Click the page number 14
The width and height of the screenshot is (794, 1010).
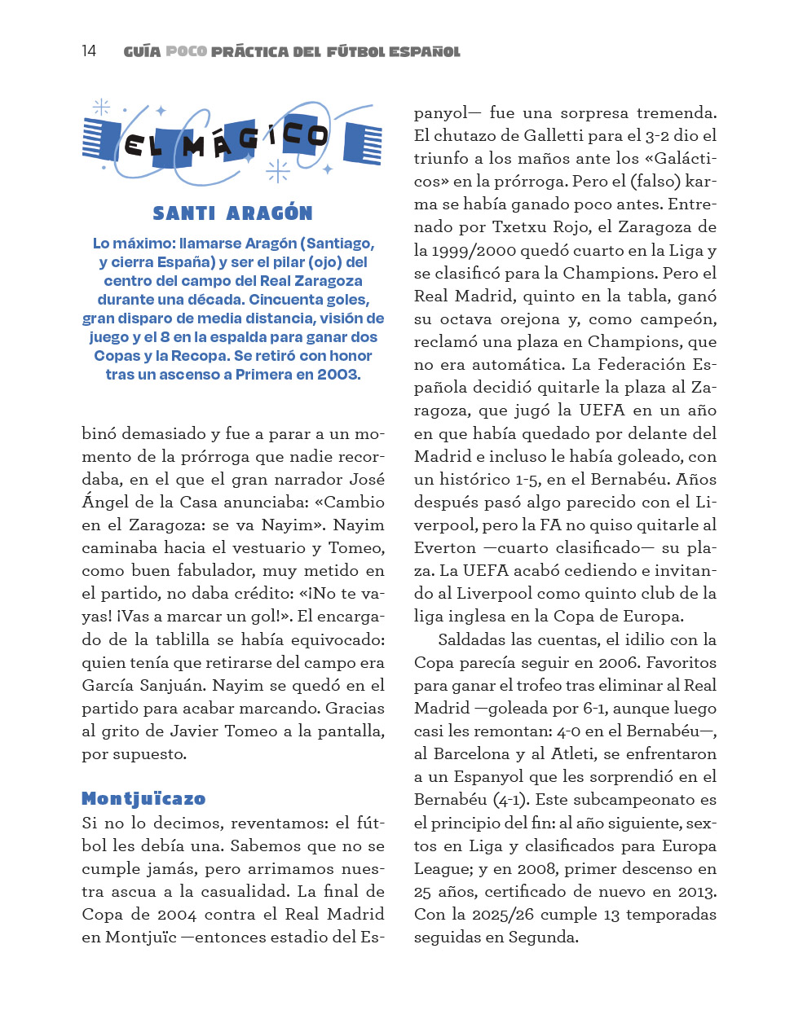[89, 51]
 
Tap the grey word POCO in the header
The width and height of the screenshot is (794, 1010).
[186, 51]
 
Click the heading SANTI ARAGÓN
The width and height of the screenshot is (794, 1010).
[232, 213]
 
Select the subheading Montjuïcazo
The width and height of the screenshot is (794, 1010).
[143, 798]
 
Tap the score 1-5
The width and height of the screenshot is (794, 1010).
[527, 480]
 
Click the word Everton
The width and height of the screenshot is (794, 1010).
[445, 548]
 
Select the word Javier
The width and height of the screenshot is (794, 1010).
[192, 731]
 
